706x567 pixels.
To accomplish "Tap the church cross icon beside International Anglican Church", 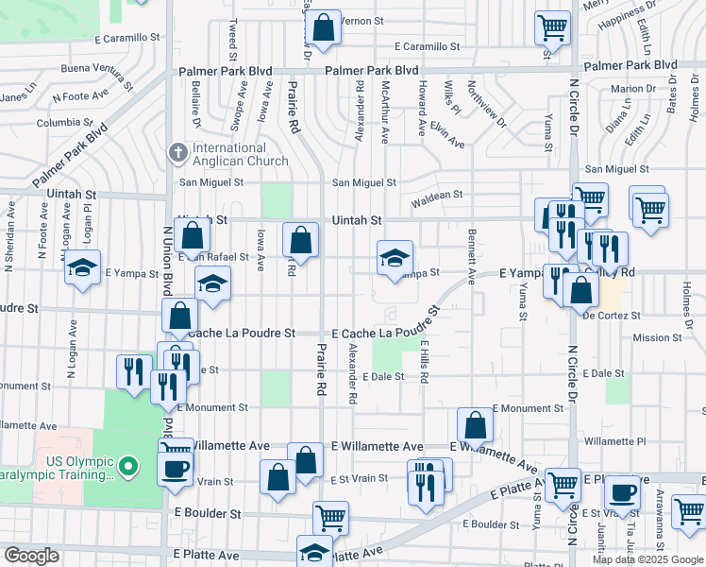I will (176, 152).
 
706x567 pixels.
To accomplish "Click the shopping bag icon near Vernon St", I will (323, 29).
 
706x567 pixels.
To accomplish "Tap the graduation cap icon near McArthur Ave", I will (395, 259).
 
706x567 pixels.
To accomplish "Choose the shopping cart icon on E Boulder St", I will (330, 517).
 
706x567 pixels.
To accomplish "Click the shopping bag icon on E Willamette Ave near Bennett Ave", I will (476, 426).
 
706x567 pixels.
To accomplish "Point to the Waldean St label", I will (437, 195).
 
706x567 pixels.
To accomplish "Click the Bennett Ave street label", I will (471, 255).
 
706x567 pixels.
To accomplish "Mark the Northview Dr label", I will (487, 111).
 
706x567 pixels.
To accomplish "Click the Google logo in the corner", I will (31, 556).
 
